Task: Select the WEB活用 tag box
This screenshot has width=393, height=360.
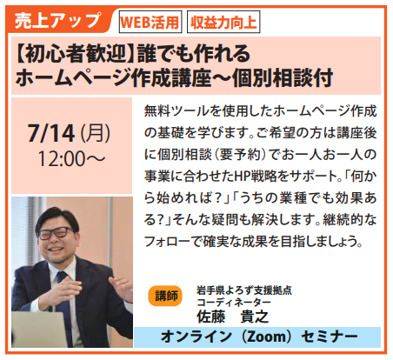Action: (x=150, y=22)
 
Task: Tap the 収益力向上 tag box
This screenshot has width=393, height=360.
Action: (x=223, y=22)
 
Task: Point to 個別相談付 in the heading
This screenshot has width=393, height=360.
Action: (x=283, y=77)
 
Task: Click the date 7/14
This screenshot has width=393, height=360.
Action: (x=51, y=133)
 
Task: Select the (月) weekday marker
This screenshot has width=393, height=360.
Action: (x=96, y=133)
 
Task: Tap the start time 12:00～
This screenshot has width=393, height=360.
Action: (x=71, y=159)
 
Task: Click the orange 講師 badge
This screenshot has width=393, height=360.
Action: (x=165, y=296)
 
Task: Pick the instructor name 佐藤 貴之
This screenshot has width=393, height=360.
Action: (x=233, y=317)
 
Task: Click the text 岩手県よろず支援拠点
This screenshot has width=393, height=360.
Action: (x=244, y=290)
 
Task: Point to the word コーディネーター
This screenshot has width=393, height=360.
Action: (x=234, y=303)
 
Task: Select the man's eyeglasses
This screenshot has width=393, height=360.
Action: (x=57, y=233)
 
